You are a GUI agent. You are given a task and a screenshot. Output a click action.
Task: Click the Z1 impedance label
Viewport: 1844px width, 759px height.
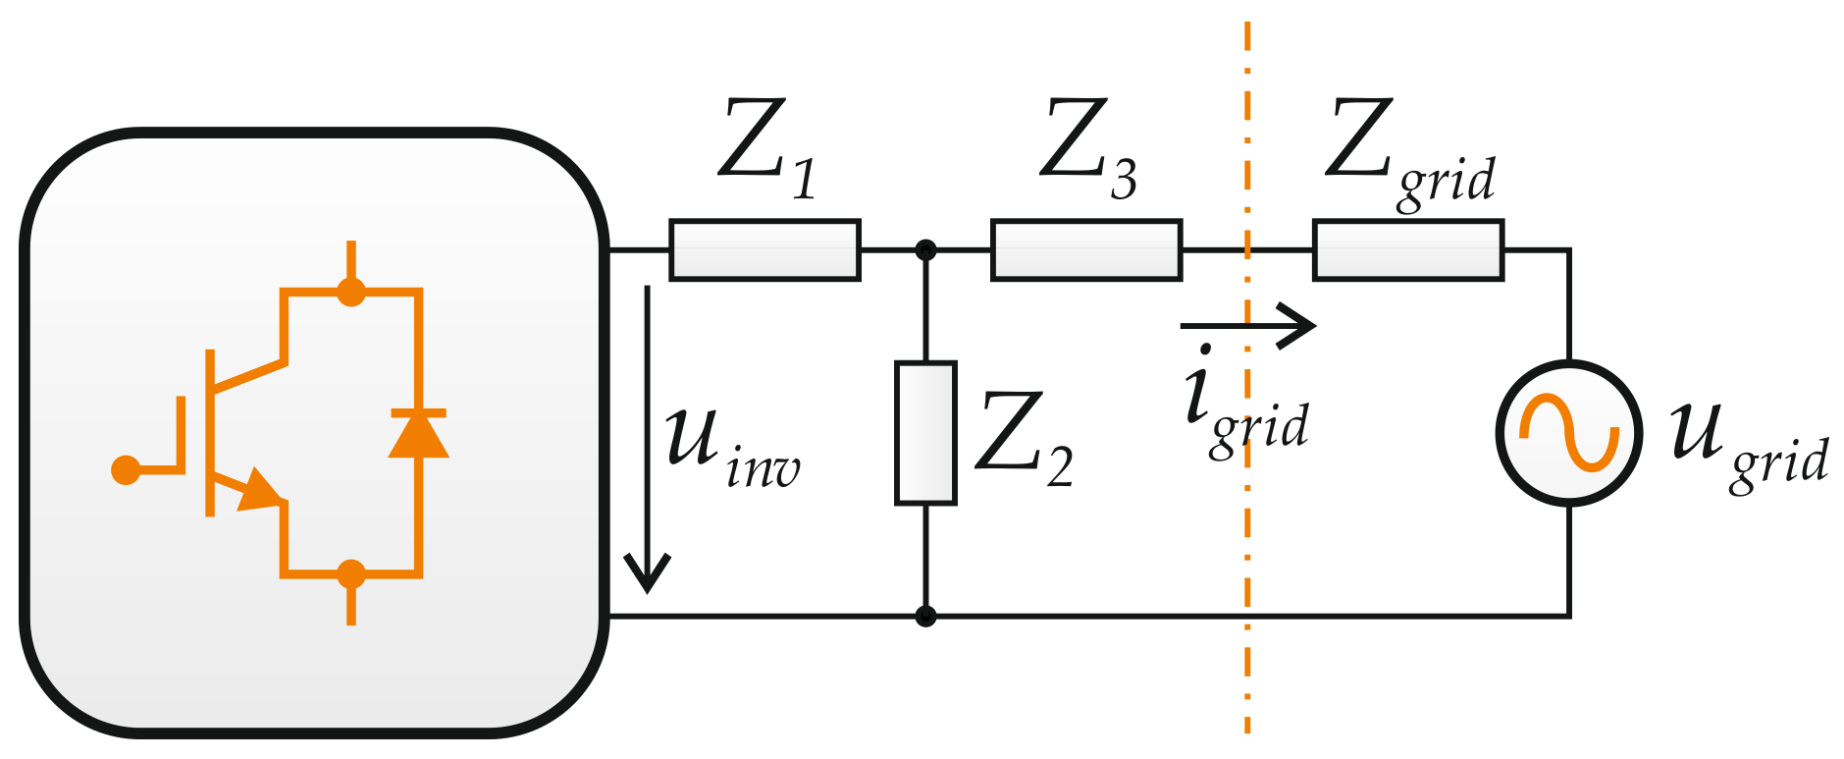coord(766,147)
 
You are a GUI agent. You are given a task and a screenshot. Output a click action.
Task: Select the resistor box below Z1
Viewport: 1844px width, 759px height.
coord(764,250)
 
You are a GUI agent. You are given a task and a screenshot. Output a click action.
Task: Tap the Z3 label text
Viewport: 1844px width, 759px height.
coord(1087,147)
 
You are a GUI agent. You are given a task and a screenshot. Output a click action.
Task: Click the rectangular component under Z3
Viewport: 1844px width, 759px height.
coord(1086,250)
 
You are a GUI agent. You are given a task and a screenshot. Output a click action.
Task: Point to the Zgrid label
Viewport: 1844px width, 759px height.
coord(1407,152)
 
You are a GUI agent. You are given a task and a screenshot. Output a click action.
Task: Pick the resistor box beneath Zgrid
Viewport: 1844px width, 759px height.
coord(1408,250)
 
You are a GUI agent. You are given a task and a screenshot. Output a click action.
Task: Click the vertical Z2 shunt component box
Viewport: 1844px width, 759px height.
coord(925,433)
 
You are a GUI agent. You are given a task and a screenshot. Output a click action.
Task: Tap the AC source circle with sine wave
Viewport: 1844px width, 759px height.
coord(1568,433)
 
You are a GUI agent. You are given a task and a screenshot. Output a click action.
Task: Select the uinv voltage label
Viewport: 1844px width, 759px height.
coord(731,447)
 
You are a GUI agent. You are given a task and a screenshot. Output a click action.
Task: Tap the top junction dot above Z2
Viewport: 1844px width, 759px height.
coord(925,250)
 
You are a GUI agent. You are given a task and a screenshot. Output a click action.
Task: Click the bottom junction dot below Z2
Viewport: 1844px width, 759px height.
coord(925,617)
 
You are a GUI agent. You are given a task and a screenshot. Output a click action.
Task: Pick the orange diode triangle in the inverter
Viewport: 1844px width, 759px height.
coord(419,435)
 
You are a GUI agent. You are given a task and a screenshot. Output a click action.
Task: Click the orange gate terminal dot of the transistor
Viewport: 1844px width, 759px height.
coord(126,470)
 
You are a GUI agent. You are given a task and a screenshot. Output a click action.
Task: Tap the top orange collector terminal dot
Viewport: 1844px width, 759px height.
coord(351,292)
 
